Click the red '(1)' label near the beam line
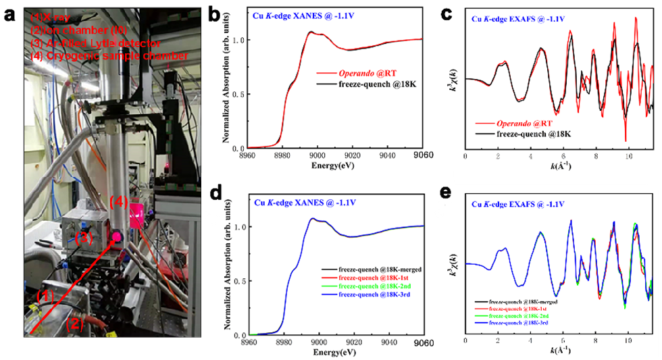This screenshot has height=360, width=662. (x=42, y=295)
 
